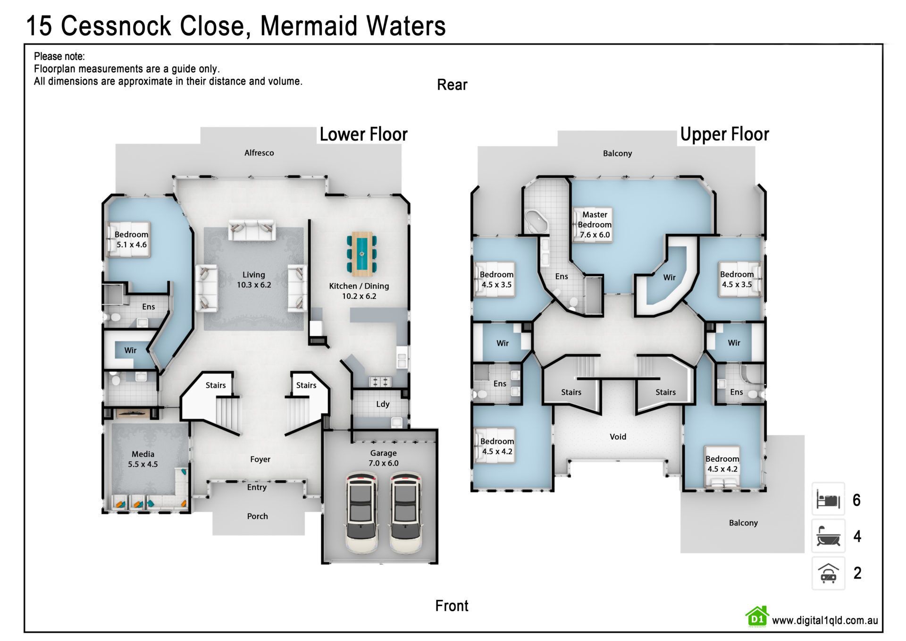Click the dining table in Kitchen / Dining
(362, 254)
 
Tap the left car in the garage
(362, 512)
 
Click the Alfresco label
(259, 153)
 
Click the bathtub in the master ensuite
(537, 222)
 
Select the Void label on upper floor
(618, 437)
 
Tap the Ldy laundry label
(383, 404)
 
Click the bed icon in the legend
(828, 499)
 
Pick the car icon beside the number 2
(828, 573)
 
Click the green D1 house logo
(757, 616)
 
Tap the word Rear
(452, 85)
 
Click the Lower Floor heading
(363, 135)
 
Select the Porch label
(258, 516)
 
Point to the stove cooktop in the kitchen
(380, 381)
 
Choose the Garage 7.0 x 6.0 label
(383, 458)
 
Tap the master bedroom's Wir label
(669, 278)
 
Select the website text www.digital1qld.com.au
(825, 620)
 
